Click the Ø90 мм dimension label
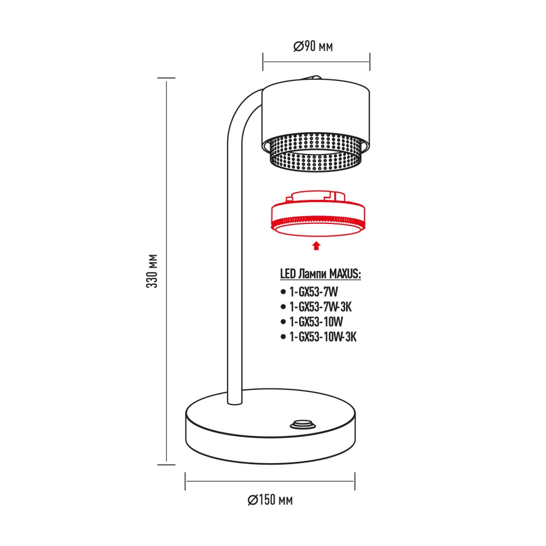(x=313, y=48)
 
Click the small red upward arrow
(x=315, y=246)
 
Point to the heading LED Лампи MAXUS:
(x=321, y=274)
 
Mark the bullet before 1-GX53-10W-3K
(x=282, y=337)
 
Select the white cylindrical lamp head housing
(x=316, y=112)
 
